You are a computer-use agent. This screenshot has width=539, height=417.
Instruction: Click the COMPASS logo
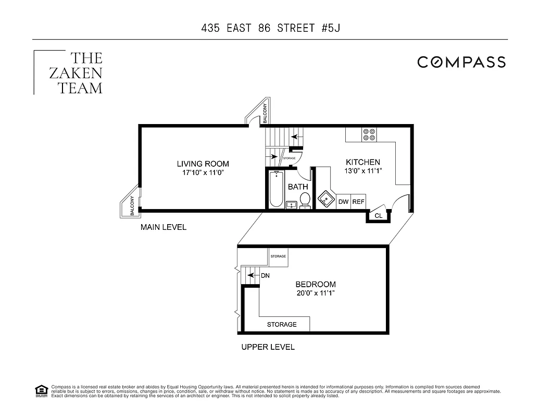pyautogui.click(x=461, y=63)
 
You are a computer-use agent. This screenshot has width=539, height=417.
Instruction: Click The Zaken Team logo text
pyautogui.click(x=80, y=73)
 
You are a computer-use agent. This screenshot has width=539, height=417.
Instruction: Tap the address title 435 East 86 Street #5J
pyautogui.click(x=270, y=28)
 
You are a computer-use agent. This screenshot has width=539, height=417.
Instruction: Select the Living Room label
pyautogui.click(x=203, y=164)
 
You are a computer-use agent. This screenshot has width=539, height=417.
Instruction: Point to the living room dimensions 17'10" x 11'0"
pyautogui.click(x=203, y=172)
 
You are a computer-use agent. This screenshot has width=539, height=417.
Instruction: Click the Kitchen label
pyautogui.click(x=363, y=162)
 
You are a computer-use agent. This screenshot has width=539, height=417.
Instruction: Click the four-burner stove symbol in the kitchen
pyautogui.click(x=369, y=134)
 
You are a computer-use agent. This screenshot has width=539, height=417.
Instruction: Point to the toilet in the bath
pyautogui.click(x=305, y=200)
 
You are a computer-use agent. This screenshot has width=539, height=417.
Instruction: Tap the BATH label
pyautogui.click(x=298, y=187)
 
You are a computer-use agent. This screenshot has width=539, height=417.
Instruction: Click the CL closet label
pyautogui.click(x=378, y=216)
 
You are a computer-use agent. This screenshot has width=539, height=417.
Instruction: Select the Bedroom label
pyautogui.click(x=315, y=285)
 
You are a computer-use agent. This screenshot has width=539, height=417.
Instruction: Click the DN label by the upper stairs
pyautogui.click(x=265, y=276)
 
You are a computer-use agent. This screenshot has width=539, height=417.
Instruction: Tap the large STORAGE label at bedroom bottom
pyautogui.click(x=282, y=324)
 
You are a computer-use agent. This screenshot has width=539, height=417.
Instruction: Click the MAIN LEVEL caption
pyautogui.click(x=163, y=227)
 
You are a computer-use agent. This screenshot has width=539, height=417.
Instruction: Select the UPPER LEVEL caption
pyautogui.click(x=268, y=347)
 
